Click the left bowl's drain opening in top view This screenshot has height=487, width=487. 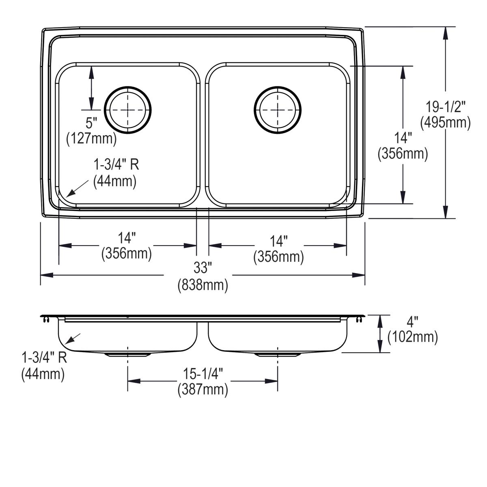[128, 110]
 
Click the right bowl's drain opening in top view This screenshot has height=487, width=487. [278, 110]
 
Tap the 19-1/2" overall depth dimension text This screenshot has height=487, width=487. [445, 107]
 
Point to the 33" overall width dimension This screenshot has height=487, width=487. [203, 268]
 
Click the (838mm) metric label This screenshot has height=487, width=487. [203, 285]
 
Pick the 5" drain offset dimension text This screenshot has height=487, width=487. [91, 123]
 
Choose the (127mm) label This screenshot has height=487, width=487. [91, 139]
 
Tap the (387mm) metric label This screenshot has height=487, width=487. [203, 390]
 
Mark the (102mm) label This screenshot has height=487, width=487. [413, 337]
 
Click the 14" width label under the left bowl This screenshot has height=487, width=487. [127, 237]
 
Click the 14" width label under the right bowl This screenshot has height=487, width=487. [279, 241]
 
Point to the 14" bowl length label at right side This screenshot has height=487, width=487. [403, 138]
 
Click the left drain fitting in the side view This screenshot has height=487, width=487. [128, 355]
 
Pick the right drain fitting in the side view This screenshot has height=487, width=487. [278, 355]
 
